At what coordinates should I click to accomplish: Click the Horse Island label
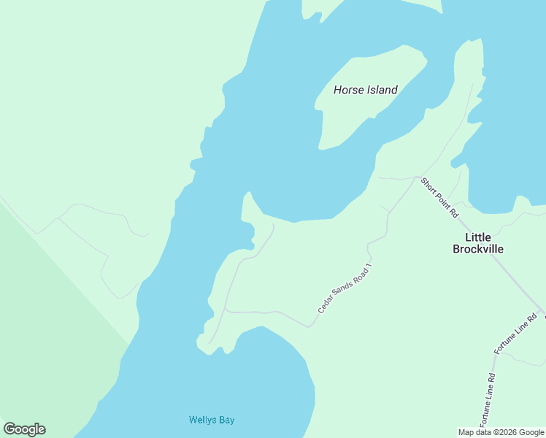coord(365,90)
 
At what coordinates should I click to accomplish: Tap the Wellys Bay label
coord(212,420)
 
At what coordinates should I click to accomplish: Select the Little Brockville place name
coord(478,243)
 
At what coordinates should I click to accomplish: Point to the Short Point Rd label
coord(440,197)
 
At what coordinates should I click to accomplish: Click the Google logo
coord(24,429)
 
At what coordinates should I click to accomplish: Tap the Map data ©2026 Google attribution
coord(501,431)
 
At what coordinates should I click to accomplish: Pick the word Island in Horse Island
coord(381,90)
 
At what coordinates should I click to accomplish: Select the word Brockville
coord(478,249)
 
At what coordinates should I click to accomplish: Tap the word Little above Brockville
coord(478,237)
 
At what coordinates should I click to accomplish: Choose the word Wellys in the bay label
coord(202,420)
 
